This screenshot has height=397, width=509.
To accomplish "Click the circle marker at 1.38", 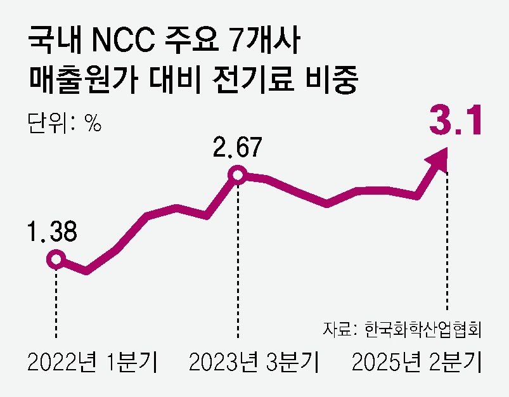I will (56, 259).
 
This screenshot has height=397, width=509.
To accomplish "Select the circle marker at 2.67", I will (237, 174).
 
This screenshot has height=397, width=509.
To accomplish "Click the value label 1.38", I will (53, 231).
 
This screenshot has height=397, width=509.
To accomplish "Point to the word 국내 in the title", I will (56, 44).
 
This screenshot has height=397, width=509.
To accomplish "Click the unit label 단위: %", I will (65, 122).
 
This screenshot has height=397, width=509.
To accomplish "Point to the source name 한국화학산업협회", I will (424, 330).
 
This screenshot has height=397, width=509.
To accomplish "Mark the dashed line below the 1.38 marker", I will (56, 304).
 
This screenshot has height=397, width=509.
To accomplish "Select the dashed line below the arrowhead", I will (449, 241).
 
